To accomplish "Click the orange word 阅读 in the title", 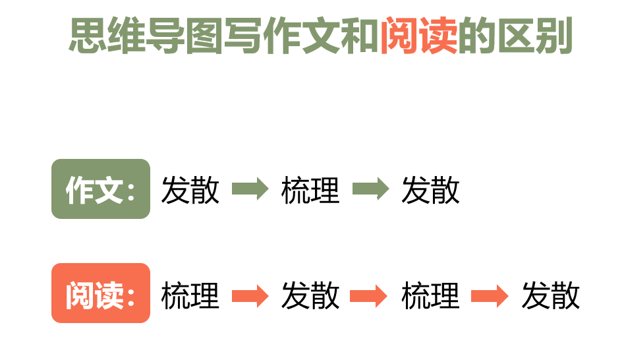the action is [x=418, y=36].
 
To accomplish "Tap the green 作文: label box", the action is [x=101, y=189].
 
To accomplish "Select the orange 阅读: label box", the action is [x=101, y=293].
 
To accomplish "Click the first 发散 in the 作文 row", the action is [x=190, y=190].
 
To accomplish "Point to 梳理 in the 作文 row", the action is [x=310, y=190].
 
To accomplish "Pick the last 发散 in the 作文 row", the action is [x=430, y=190].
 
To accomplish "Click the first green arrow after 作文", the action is [x=250, y=189].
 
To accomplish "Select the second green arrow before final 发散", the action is [x=371, y=189].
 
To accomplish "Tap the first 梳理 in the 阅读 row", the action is [x=190, y=295].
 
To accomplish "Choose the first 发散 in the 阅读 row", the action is [x=310, y=295].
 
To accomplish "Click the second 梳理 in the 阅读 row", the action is [x=430, y=295].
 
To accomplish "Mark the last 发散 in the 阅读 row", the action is [x=551, y=295].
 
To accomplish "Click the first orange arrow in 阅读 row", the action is [x=250, y=296].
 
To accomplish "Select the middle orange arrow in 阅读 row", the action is [x=368, y=296].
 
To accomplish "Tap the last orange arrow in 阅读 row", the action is [x=490, y=296].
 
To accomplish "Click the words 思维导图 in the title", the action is [x=146, y=36].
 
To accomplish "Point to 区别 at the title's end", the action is [x=535, y=36].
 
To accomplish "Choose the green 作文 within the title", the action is [x=302, y=36].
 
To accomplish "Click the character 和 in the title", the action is [x=360, y=36].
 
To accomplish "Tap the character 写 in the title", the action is [x=243, y=36].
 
